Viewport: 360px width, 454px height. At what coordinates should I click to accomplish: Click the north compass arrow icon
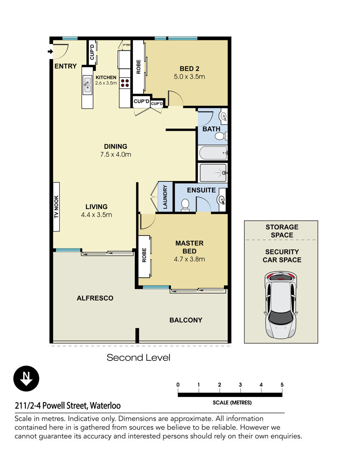(x=26, y=378)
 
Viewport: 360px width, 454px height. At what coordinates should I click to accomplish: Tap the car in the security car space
(x=280, y=305)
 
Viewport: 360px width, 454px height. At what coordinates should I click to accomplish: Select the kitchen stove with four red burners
(x=125, y=83)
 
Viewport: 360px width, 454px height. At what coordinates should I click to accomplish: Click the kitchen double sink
(x=87, y=85)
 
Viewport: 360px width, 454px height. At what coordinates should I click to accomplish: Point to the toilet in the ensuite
(x=185, y=205)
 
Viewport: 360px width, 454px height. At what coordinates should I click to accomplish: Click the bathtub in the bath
(x=213, y=153)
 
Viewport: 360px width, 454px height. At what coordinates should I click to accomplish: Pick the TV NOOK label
(x=56, y=207)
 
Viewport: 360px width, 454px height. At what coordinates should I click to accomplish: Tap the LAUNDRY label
(x=165, y=197)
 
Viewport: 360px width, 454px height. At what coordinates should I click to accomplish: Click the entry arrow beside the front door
(x=50, y=52)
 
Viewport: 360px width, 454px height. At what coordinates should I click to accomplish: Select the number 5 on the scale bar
(x=282, y=385)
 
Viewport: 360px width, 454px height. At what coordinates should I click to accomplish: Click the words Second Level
(x=138, y=358)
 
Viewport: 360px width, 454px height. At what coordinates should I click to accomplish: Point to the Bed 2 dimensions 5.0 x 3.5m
(x=189, y=77)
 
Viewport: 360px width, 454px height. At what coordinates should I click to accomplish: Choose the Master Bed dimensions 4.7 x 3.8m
(x=189, y=259)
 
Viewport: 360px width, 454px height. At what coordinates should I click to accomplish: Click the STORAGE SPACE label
(x=282, y=231)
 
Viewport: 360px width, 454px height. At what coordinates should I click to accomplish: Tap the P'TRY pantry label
(x=127, y=45)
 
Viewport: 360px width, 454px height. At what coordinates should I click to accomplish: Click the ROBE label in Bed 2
(x=138, y=67)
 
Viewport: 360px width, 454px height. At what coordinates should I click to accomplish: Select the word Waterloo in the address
(x=105, y=406)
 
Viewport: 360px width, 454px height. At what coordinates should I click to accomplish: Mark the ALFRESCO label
(x=95, y=298)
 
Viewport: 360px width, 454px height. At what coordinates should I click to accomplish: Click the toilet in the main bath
(x=221, y=135)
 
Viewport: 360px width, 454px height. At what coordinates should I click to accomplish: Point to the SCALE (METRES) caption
(x=232, y=402)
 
